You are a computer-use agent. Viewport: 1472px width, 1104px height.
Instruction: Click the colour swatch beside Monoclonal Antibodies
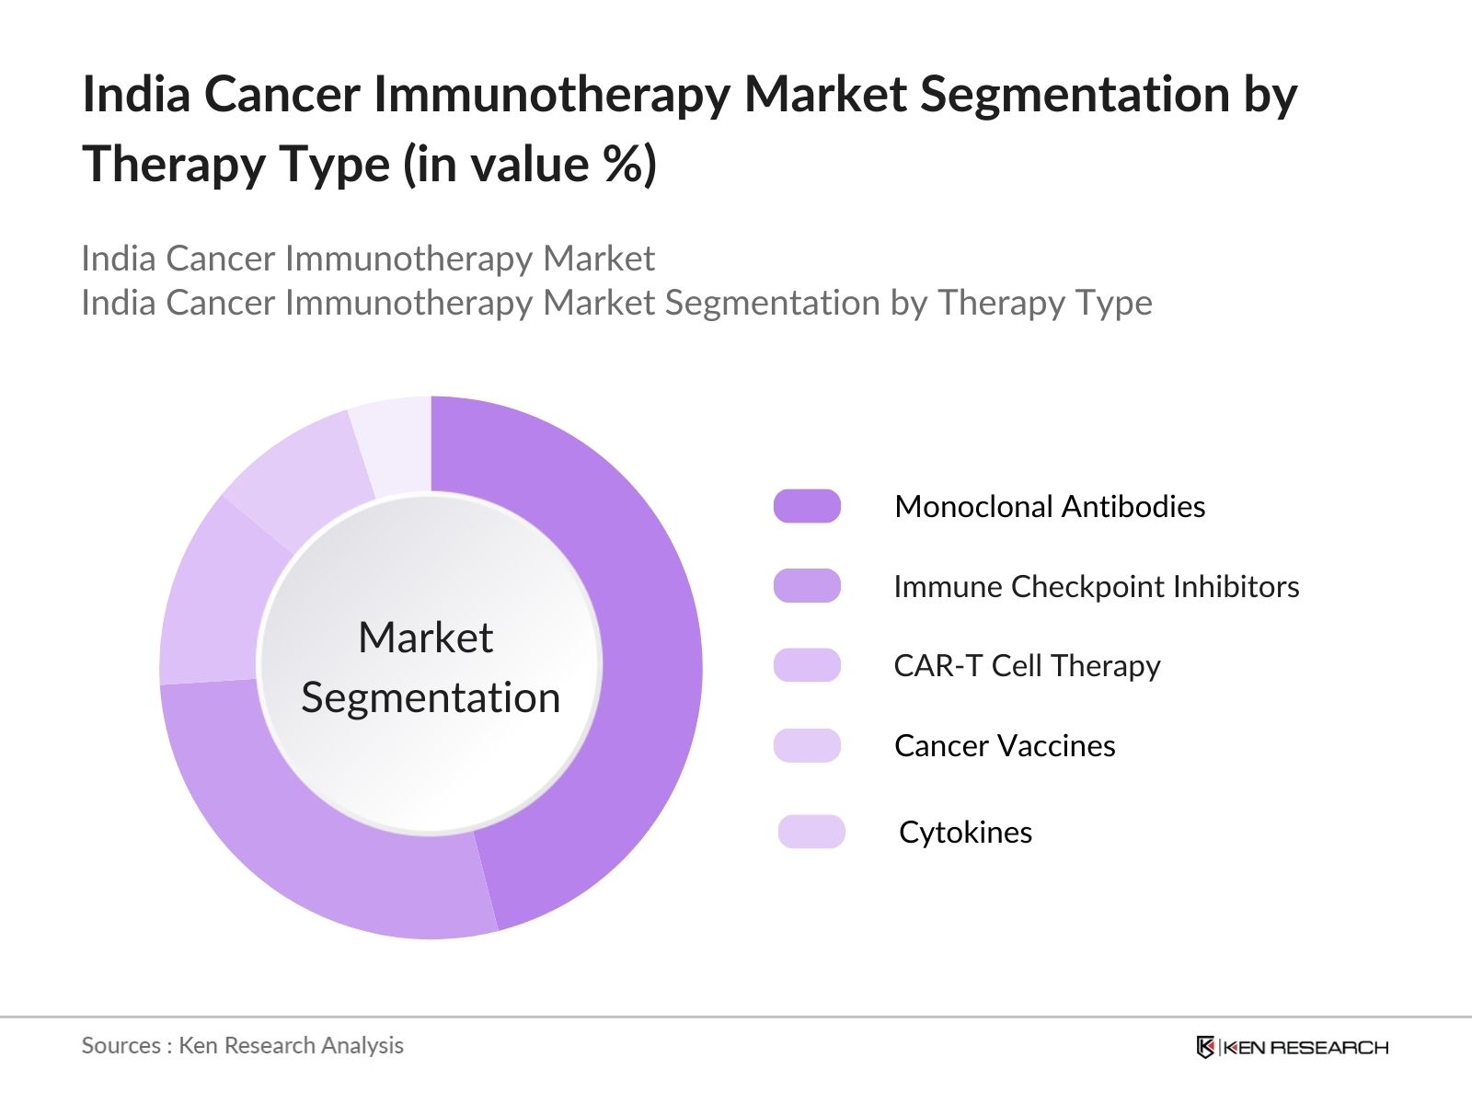point(807,506)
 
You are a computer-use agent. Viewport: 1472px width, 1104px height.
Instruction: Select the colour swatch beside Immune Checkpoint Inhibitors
point(807,586)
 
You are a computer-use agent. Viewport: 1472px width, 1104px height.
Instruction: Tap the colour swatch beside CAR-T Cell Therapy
point(807,665)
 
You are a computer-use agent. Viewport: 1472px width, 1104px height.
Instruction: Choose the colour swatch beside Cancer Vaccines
point(807,745)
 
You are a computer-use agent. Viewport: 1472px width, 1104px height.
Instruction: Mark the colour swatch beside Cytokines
point(811,832)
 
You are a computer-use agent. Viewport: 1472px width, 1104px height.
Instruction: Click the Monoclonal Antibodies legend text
point(1050,506)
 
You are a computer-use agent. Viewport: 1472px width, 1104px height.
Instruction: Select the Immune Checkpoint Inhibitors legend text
point(1096,586)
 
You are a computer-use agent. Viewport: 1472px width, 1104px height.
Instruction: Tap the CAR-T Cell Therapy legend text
point(1027,665)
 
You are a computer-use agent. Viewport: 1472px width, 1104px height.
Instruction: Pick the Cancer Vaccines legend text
point(1005,745)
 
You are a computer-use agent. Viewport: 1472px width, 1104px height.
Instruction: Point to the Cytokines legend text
point(965,832)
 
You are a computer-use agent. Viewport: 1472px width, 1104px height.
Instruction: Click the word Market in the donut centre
point(425,637)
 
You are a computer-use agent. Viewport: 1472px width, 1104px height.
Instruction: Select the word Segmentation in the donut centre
point(431,697)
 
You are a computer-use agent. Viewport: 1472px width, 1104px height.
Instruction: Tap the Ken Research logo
point(1292,1047)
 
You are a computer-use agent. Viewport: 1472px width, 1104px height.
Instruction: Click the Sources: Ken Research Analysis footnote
point(242,1045)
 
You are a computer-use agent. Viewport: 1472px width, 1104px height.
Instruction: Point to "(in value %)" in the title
point(529,164)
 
